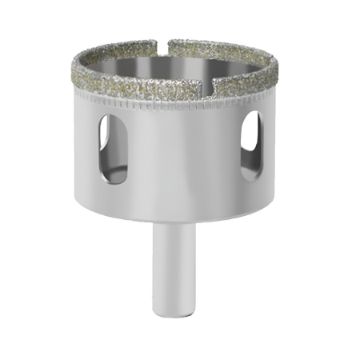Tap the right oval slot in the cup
tap(251, 145)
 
